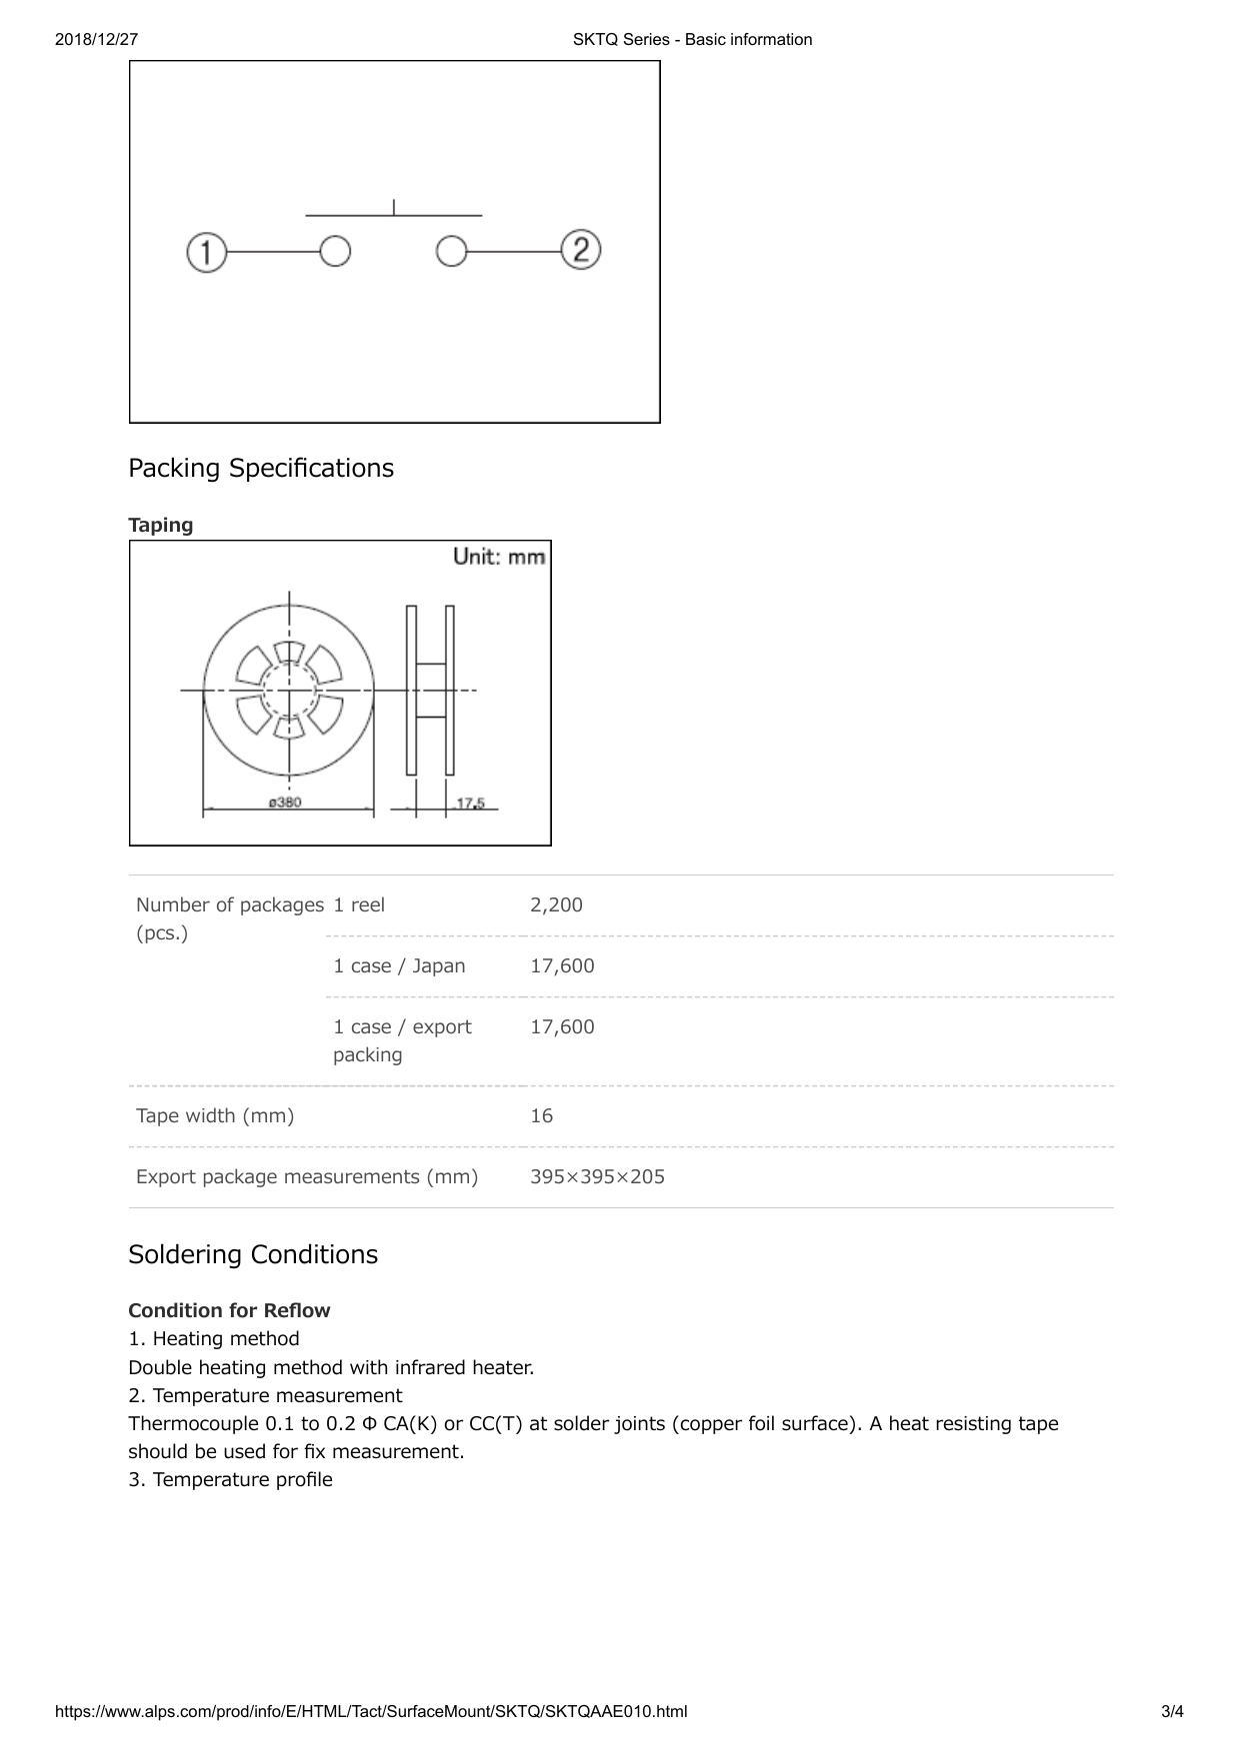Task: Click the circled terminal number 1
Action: point(207,252)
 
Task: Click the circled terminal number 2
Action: point(581,249)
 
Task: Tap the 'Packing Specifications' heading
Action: point(261,468)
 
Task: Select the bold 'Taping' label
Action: point(161,525)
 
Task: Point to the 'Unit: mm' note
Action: point(499,557)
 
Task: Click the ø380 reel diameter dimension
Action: point(285,803)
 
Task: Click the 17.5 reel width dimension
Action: point(470,804)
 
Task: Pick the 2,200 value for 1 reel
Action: point(556,904)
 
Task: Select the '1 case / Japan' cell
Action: point(399,965)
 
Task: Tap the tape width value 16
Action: point(541,1115)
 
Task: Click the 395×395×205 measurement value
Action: point(597,1176)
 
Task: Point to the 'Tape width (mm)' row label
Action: point(215,1115)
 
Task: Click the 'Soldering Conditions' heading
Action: point(253,1254)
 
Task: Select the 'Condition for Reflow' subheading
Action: point(229,1310)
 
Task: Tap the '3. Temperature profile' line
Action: point(231,1479)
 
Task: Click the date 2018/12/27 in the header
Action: point(96,40)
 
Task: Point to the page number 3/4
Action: point(1172,1711)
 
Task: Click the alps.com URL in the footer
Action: point(371,1711)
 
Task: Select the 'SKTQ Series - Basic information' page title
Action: point(692,40)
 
